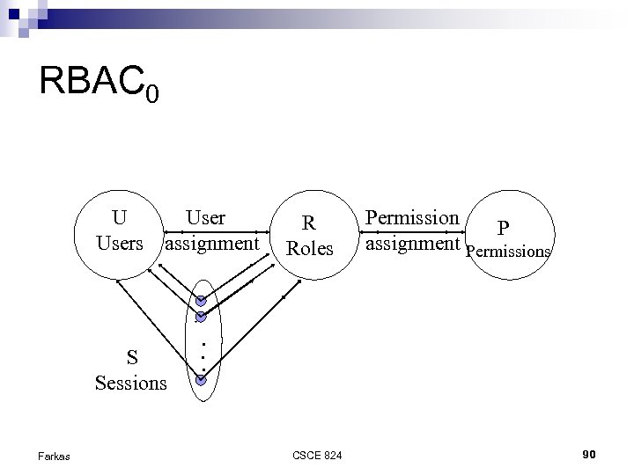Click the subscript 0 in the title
pos(152,92)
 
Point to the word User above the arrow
pos(205,217)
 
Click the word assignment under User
pos(212,242)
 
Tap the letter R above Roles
pos(310,223)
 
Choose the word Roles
pos(310,248)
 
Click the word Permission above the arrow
pos(412,217)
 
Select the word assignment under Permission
pos(413,242)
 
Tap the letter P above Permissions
pos(502,228)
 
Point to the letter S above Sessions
pos(131,357)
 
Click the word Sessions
pos(131,383)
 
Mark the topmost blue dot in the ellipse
pos(201,301)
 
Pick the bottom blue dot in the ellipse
pos(201,381)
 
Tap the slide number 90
pos(590,454)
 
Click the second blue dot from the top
pos(201,317)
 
